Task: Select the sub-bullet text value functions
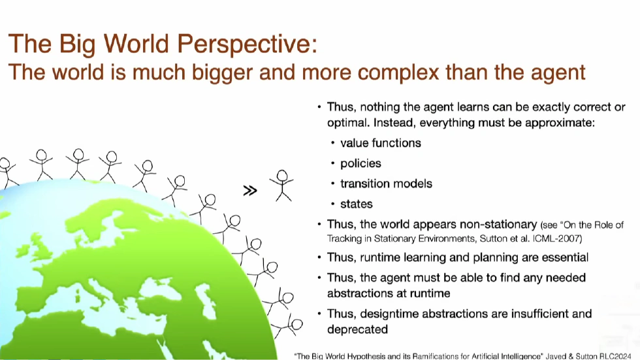point(381,142)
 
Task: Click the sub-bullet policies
point(360,163)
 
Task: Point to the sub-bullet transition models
point(386,184)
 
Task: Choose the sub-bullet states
point(357,205)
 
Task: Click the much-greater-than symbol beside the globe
point(250,191)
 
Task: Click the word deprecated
point(358,329)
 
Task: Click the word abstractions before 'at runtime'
point(364,293)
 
